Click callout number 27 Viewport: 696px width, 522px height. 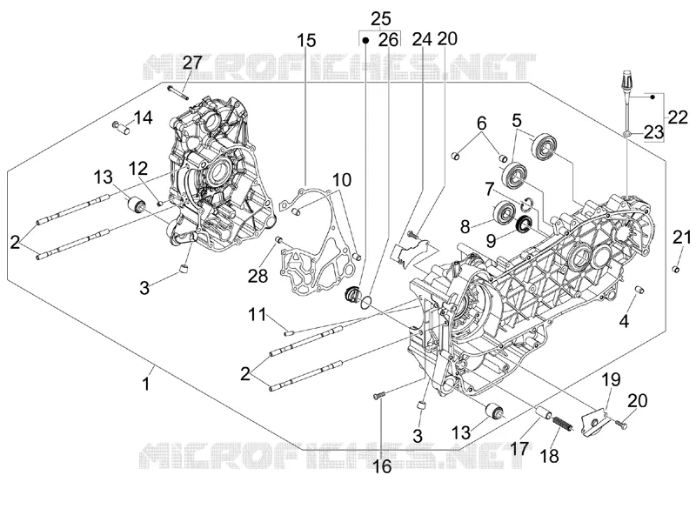[x=192, y=63]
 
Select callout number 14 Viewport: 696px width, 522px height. [x=143, y=117]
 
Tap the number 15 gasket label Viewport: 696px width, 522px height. [x=307, y=40]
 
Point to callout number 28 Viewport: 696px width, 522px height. [x=258, y=276]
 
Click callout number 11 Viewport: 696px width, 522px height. [x=257, y=315]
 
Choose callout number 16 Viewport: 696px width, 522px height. [x=382, y=466]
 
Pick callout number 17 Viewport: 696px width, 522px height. [x=519, y=448]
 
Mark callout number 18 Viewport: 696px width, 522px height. [x=550, y=455]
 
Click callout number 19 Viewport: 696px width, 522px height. [x=612, y=379]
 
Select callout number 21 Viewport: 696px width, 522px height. [x=682, y=238]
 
